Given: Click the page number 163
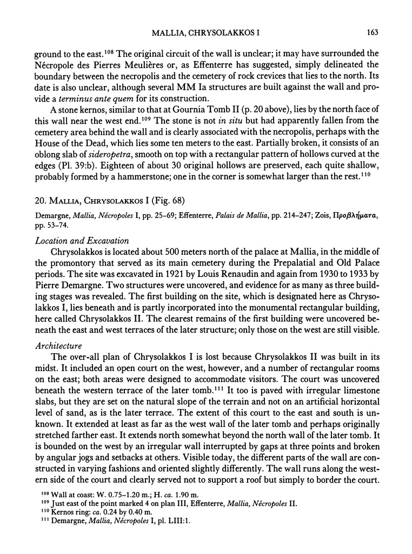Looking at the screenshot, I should (x=371, y=32).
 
